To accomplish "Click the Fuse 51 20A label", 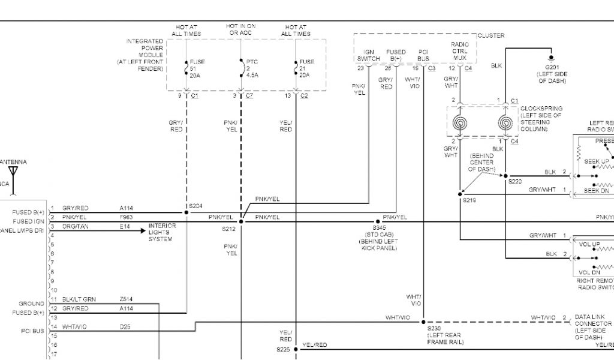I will click(x=197, y=68).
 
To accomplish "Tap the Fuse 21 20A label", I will click(x=306, y=68).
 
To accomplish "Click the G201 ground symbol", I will click(x=551, y=60).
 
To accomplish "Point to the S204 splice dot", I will click(x=186, y=212).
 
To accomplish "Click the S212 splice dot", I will click(x=241, y=221).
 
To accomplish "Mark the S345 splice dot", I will click(x=378, y=221).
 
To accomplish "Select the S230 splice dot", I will click(x=423, y=322).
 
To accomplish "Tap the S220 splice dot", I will click(x=505, y=176).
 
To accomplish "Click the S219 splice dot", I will click(x=460, y=193).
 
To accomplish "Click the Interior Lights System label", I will click(x=162, y=232).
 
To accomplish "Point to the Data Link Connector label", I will click(x=593, y=323).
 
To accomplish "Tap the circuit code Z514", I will click(x=126, y=299).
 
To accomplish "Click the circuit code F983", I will click(x=126, y=217).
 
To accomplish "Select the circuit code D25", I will click(x=124, y=326).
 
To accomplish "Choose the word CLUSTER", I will click(x=491, y=36).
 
